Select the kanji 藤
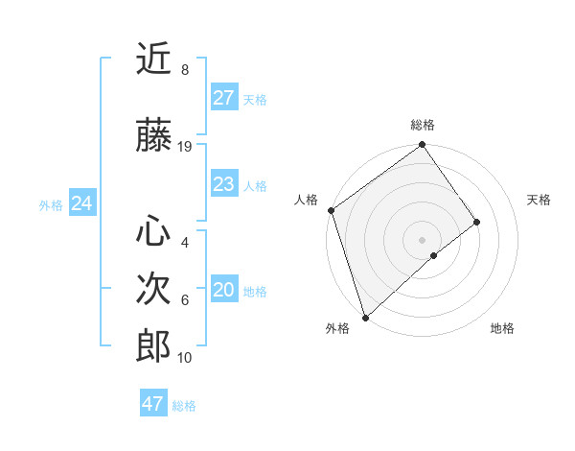pyautogui.click(x=153, y=136)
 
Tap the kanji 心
pyautogui.click(x=153, y=230)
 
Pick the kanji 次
pyautogui.click(x=153, y=288)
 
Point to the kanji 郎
pyautogui.click(x=153, y=345)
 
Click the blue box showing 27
pyautogui.click(x=224, y=98)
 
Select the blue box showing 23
pyautogui.click(x=224, y=184)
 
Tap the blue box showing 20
pyautogui.click(x=224, y=291)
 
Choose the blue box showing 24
pyautogui.click(x=81, y=203)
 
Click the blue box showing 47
pyautogui.click(x=153, y=404)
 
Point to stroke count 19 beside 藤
pyautogui.click(x=185, y=147)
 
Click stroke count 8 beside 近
pyautogui.click(x=185, y=70)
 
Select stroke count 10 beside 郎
pyautogui.click(x=185, y=358)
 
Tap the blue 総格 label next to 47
pyautogui.click(x=184, y=406)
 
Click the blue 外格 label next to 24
pyautogui.click(x=51, y=204)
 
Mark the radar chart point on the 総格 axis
pyautogui.click(x=422, y=146)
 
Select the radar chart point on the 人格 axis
pyautogui.click(x=331, y=210)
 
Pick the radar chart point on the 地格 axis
pyautogui.click(x=434, y=255)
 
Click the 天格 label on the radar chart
pyautogui.click(x=540, y=200)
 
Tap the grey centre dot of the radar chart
pyautogui.click(x=422, y=239)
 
